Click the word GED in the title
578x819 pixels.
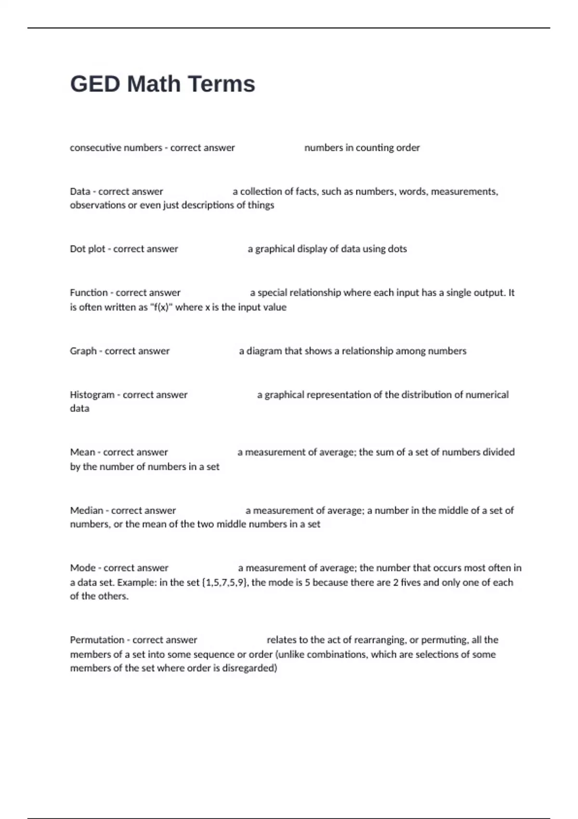(95, 84)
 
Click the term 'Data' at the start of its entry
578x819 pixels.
(80, 192)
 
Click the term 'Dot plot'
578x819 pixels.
(87, 249)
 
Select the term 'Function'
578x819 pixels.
(89, 293)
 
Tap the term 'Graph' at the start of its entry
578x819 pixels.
(83, 351)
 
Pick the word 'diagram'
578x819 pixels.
(264, 351)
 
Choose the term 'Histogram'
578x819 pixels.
(92, 395)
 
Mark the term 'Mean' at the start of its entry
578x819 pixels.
(82, 452)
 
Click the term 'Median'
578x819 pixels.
(86, 511)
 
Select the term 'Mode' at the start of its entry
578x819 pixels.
(82, 568)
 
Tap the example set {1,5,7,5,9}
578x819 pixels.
(225, 582)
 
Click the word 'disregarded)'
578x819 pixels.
(250, 668)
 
